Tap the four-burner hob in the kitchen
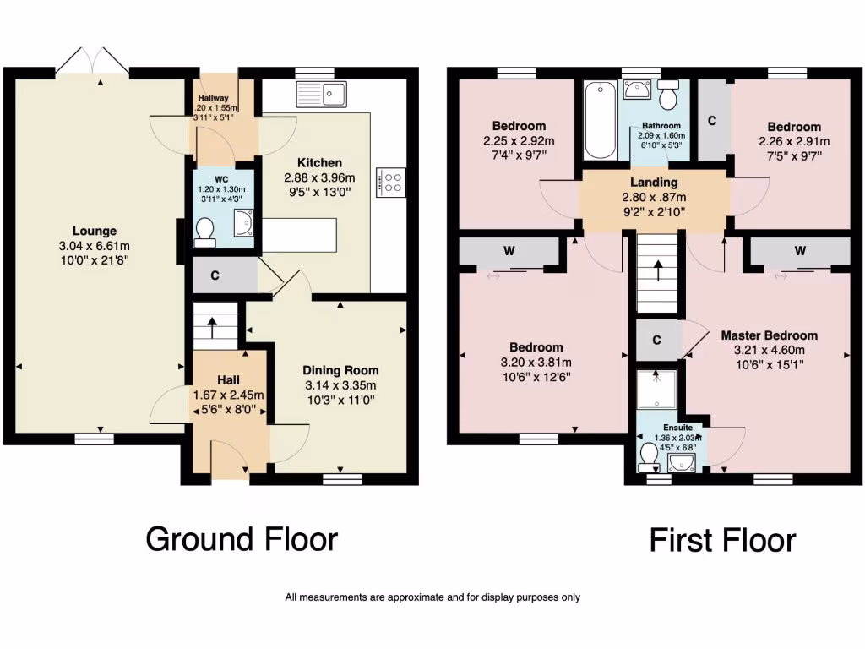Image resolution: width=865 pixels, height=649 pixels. tap(394, 183)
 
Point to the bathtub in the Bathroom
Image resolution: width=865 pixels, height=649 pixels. tap(599, 119)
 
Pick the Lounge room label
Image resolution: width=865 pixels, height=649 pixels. tap(94, 231)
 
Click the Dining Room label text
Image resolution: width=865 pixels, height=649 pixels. tap(340, 370)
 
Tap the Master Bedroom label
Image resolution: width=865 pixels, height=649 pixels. tap(769, 335)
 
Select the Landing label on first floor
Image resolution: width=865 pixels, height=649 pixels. tap(654, 183)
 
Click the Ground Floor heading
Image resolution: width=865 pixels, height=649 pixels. tap(242, 538)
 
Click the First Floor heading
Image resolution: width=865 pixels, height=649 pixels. tap(722, 540)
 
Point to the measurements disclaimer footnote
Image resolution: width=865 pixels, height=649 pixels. tap(432, 597)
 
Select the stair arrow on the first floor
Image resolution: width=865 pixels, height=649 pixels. tap(657, 273)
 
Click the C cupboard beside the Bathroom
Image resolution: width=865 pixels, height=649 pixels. tap(712, 121)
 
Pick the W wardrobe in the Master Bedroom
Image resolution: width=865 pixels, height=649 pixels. tap(798, 251)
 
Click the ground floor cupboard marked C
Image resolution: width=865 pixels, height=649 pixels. tap(216, 275)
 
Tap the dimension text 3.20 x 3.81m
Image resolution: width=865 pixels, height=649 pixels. tap(536, 363)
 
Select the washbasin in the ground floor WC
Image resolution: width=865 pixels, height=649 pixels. tap(242, 226)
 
